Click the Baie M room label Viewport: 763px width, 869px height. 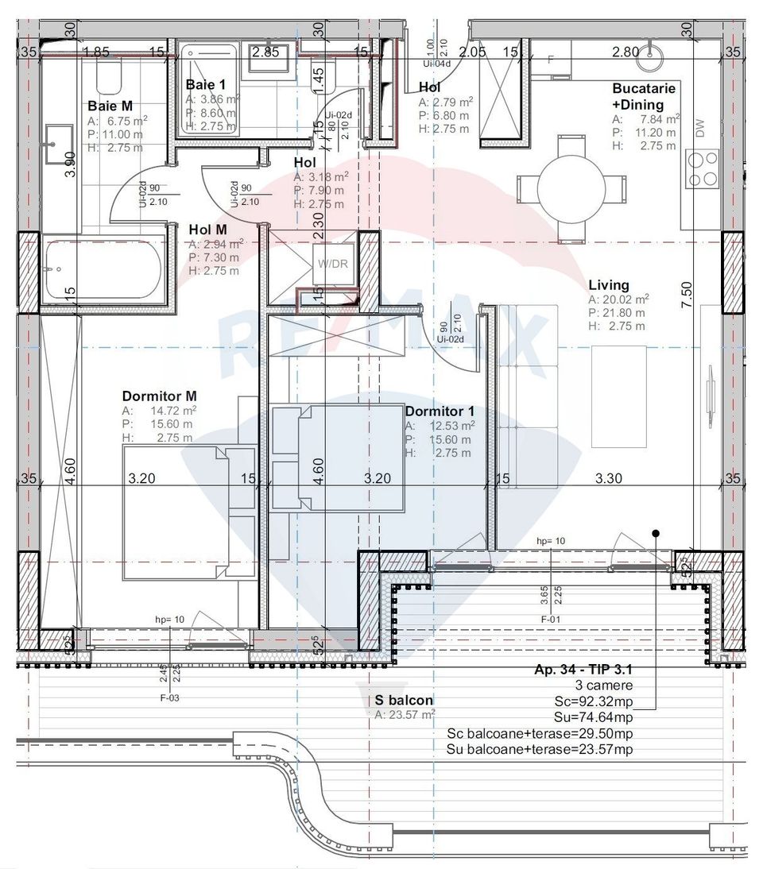click(x=110, y=106)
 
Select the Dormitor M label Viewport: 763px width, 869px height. click(x=160, y=396)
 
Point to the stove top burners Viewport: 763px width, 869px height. click(x=703, y=168)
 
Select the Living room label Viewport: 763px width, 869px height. click(x=609, y=284)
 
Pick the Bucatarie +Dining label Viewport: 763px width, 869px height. click(x=644, y=96)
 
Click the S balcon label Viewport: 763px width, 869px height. click(x=404, y=700)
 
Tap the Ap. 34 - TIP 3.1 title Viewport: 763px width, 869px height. click(x=583, y=670)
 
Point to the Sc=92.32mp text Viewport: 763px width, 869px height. click(x=593, y=701)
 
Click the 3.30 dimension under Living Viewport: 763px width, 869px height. click(x=609, y=478)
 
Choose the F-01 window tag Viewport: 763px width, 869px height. click(x=552, y=619)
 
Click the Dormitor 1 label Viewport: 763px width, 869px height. click(x=440, y=411)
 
